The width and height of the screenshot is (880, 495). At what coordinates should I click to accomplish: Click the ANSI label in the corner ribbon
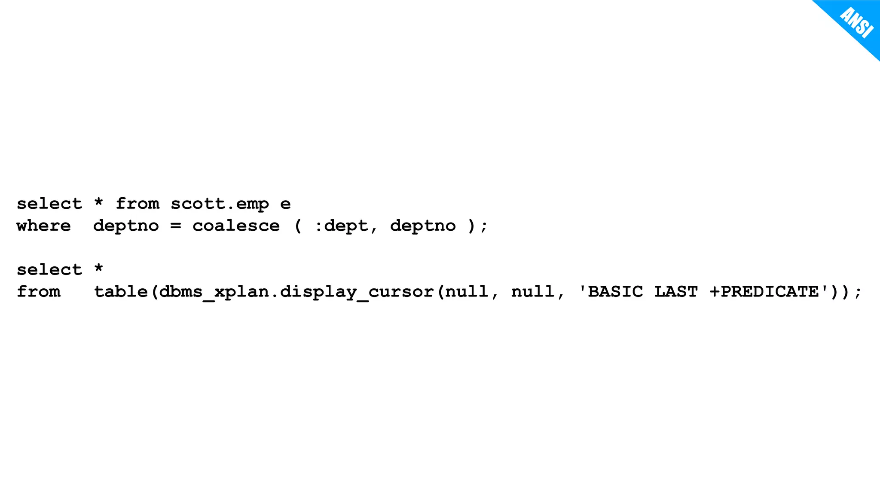click(x=857, y=23)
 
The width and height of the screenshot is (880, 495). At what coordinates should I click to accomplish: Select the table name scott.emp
click(x=220, y=204)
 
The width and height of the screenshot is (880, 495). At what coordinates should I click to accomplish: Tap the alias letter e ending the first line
click(x=285, y=204)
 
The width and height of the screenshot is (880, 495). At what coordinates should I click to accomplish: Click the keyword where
click(x=43, y=226)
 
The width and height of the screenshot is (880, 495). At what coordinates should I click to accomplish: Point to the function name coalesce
click(x=236, y=226)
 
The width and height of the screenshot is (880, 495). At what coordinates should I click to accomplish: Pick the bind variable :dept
click(x=341, y=226)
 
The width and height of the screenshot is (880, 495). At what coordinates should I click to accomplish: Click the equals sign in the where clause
click(x=175, y=226)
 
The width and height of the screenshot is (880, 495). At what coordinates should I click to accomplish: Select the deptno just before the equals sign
click(x=126, y=226)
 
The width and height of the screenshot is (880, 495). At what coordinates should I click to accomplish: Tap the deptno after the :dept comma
click(x=423, y=226)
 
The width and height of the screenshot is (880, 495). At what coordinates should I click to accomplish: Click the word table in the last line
click(x=121, y=292)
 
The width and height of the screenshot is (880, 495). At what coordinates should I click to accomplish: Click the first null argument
click(x=467, y=292)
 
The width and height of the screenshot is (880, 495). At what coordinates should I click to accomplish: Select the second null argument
click(x=533, y=292)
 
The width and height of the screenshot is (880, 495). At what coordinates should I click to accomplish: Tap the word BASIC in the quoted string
click(x=615, y=292)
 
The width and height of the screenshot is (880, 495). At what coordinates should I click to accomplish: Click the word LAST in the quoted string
click(x=676, y=292)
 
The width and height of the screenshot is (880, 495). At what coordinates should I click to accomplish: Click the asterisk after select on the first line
click(x=99, y=202)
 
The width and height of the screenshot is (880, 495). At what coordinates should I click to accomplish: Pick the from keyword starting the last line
click(x=38, y=292)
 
